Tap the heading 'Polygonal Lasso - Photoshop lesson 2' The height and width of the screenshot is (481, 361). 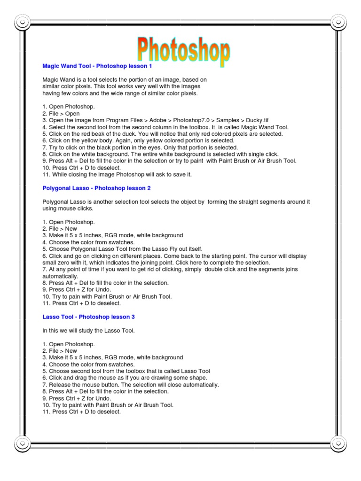click(x=96, y=188)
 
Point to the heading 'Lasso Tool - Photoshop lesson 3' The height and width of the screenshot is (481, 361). click(x=88, y=317)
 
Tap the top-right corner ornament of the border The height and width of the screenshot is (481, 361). click(x=338, y=22)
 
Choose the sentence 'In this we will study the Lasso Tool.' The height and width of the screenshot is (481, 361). click(x=88, y=331)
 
